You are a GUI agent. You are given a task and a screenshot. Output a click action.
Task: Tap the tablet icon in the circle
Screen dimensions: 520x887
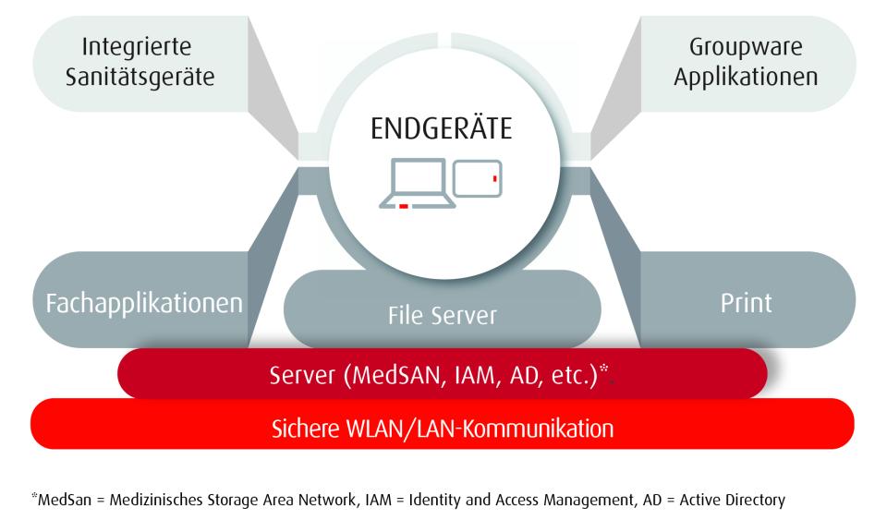tap(479, 178)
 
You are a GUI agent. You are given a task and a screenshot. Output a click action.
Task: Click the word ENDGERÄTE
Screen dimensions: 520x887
tap(441, 128)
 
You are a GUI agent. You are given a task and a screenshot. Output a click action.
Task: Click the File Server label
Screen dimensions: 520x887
tap(441, 316)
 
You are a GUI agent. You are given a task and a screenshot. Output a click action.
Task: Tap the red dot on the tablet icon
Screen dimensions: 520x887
tap(495, 177)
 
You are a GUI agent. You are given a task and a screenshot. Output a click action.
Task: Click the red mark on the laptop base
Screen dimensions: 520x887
tap(404, 206)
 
